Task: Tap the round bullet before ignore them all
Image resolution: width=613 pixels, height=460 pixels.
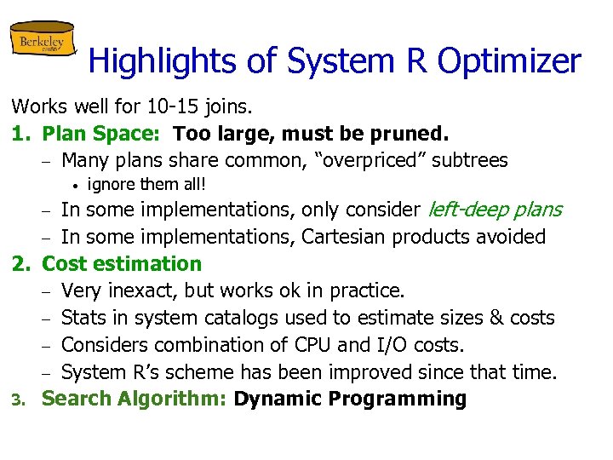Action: pyautogui.click(x=75, y=185)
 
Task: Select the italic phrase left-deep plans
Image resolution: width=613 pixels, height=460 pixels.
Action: pyautogui.click(x=494, y=210)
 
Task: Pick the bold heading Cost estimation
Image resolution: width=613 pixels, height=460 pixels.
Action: pyautogui.click(x=122, y=264)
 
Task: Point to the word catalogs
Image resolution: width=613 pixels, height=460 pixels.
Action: pyautogui.click(x=246, y=318)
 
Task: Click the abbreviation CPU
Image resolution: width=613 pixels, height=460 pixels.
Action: pyautogui.click(x=339, y=345)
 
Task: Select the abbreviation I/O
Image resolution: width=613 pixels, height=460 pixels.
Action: pyautogui.click(x=405, y=345)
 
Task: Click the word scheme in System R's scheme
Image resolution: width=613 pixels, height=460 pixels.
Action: pyautogui.click(x=215, y=372)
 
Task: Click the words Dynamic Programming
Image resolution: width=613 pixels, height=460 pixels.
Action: pyautogui.click(x=350, y=399)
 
